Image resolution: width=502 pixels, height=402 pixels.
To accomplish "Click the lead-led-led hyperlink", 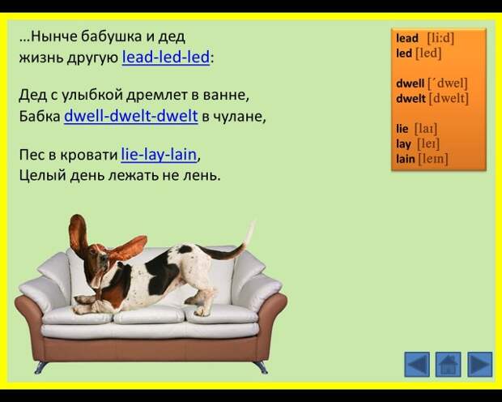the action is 165,57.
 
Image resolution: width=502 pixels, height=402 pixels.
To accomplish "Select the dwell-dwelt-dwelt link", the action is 131,116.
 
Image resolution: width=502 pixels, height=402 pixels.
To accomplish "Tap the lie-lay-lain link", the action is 159,155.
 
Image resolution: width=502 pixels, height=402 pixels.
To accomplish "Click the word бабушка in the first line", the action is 112,36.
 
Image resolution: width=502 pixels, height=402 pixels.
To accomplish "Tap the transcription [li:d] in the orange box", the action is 440,38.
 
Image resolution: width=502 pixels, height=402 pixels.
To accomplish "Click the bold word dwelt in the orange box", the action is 411,98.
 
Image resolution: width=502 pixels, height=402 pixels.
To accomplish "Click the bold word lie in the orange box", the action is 402,129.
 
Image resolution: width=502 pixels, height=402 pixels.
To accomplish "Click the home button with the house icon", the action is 449,364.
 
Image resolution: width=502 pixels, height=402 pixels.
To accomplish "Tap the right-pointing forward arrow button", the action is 479,364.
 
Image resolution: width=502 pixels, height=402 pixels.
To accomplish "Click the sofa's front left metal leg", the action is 40,367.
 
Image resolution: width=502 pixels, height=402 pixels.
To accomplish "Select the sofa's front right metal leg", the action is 261,367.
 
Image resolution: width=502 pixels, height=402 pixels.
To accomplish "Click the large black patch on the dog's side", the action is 161,273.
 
